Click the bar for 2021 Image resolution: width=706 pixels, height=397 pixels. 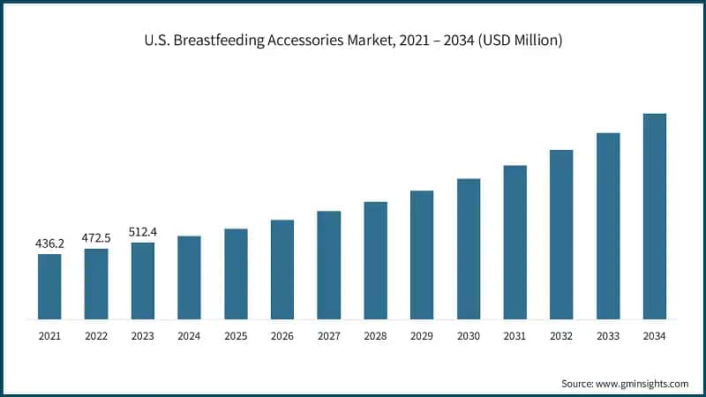point(49,287)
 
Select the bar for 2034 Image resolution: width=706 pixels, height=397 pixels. point(654,216)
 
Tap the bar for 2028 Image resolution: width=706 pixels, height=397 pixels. point(375,260)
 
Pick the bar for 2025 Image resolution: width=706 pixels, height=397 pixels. point(236,273)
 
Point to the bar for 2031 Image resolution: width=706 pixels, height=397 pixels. point(514,242)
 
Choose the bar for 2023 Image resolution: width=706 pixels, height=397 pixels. point(143,281)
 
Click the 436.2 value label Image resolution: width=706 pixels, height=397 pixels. point(49,243)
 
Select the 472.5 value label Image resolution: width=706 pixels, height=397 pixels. point(96,237)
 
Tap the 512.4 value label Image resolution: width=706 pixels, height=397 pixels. point(143,231)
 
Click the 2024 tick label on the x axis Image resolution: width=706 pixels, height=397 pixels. point(189,336)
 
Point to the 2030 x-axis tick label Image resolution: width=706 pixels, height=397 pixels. point(468,336)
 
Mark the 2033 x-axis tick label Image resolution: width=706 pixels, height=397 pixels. point(607,336)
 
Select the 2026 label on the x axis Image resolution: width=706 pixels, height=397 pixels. point(282,336)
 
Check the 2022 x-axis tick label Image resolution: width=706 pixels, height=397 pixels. point(96,336)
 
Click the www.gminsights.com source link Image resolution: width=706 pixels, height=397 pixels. point(641,384)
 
